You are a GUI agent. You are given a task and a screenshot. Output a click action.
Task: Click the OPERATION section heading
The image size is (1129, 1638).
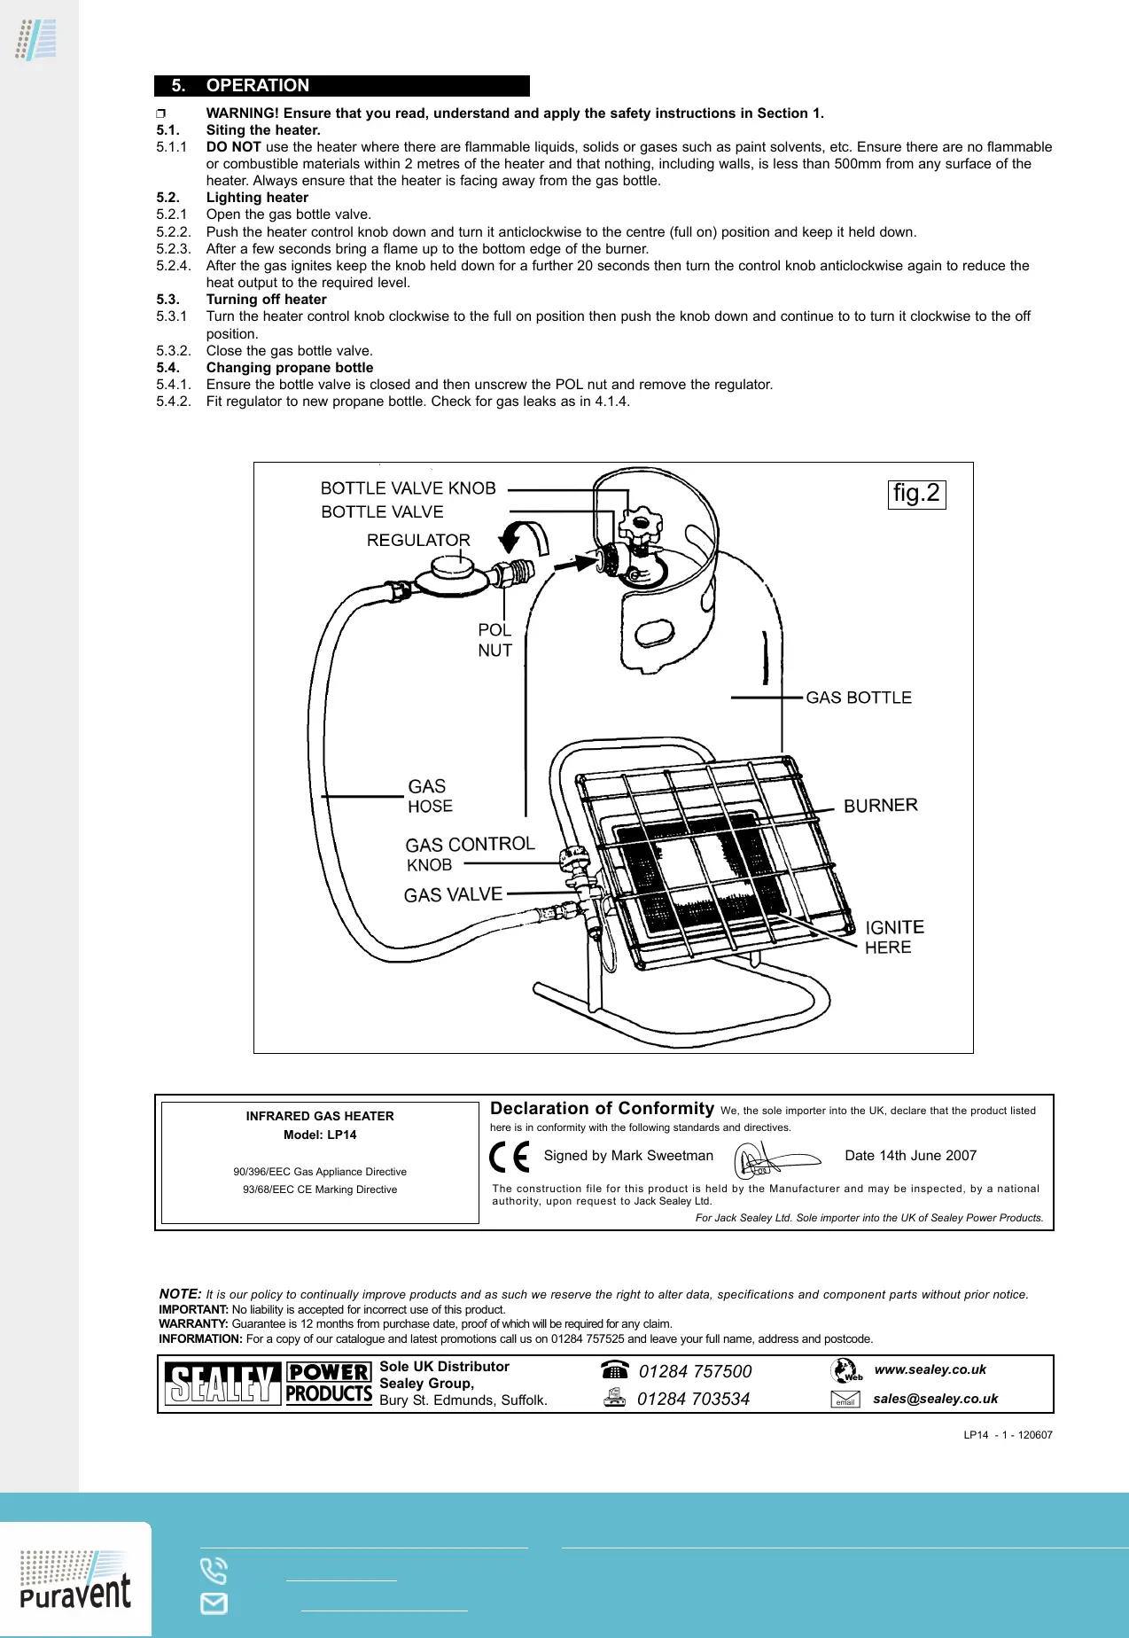pos(257,86)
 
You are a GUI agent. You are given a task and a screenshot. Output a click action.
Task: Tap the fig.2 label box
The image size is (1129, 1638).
pos(916,494)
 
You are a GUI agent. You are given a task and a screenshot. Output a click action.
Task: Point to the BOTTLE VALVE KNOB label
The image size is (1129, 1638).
pos(408,488)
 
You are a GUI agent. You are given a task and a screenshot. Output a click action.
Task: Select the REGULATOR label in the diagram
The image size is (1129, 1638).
pos(418,540)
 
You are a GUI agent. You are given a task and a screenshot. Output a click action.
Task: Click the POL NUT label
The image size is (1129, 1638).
pos(494,640)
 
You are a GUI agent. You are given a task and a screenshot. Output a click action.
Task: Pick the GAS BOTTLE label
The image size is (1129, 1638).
pos(858,698)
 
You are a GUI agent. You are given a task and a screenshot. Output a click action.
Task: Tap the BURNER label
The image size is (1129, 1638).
pos(880,806)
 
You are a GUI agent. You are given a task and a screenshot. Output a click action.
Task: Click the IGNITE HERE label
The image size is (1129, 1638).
pos(893,937)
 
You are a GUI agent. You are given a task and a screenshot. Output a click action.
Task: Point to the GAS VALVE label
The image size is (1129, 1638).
pos(453,895)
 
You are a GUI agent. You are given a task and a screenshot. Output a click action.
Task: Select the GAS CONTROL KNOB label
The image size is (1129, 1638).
pos(469,854)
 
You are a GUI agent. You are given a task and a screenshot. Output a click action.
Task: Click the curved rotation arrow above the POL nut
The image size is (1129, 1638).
pos(524,537)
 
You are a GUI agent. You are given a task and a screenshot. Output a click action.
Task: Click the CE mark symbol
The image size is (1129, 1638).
pos(510,1157)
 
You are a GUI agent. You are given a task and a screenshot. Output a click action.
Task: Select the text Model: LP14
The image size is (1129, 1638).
pos(320,1135)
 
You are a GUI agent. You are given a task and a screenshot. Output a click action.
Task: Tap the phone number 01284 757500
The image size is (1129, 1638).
pos(695,1371)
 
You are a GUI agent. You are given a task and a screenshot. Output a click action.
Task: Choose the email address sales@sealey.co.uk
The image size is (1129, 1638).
pos(935,1399)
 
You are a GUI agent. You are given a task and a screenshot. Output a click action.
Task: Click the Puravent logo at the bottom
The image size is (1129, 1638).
pos(75,1581)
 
